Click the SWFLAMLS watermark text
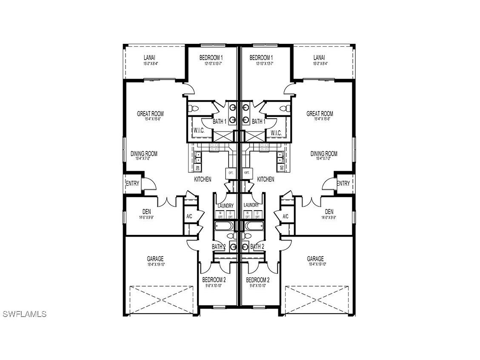coord(24,314)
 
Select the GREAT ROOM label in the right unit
coord(320,114)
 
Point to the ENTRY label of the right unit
coord(343,183)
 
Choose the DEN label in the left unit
coord(147,211)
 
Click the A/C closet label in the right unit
coord(286,217)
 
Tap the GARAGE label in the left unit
coord(155,259)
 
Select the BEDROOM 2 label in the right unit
coord(258,280)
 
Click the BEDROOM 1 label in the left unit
coord(211,58)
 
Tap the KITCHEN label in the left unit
coord(203,180)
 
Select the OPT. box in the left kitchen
coord(231,173)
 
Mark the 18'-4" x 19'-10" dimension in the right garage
coord(315,264)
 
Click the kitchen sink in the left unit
coord(198,159)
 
